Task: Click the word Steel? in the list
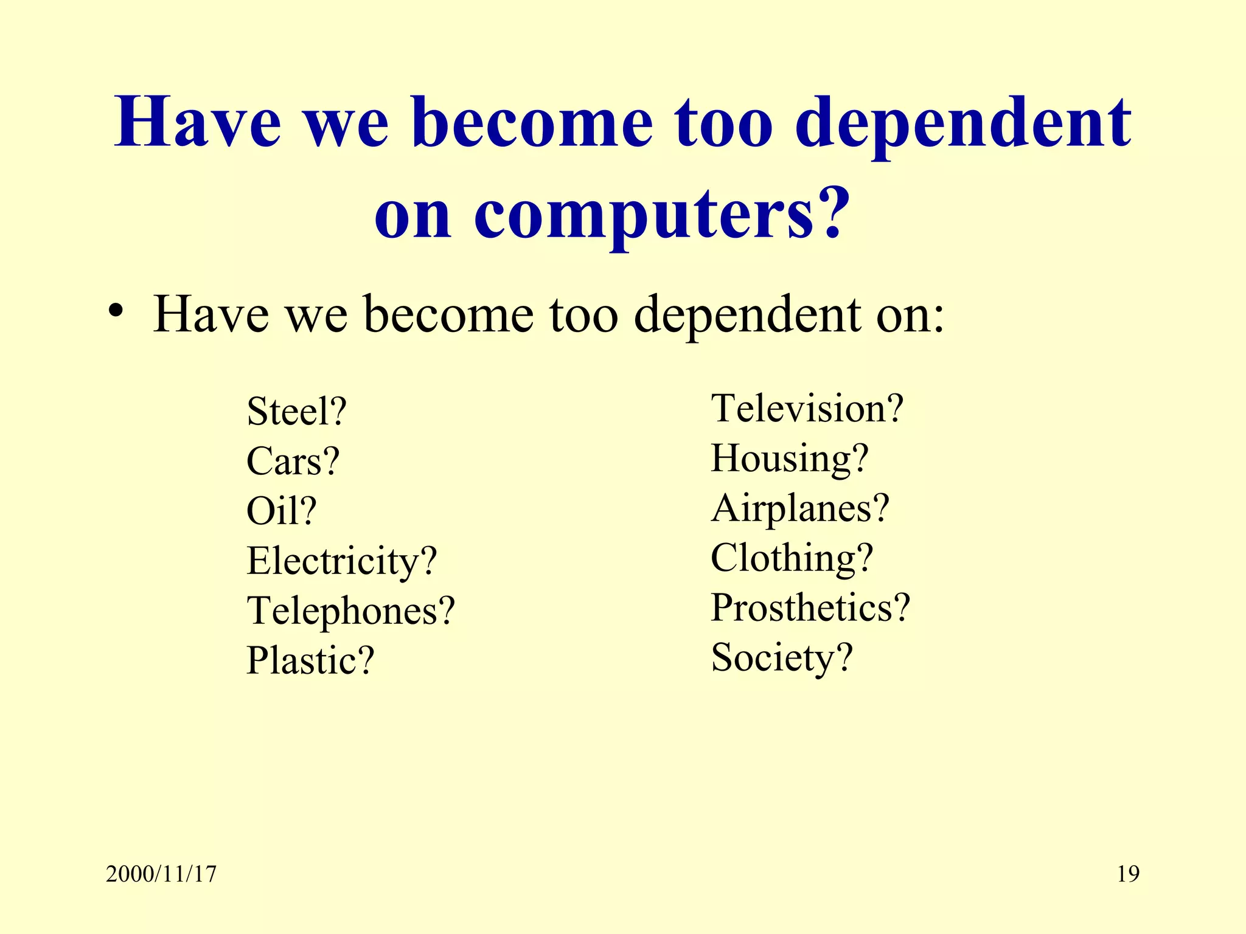point(296,412)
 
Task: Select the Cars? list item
point(293,462)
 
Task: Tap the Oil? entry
point(281,511)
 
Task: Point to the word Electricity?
point(341,561)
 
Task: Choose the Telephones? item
point(350,611)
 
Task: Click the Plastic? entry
point(310,661)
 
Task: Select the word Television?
point(807,409)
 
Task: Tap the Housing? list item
point(790,458)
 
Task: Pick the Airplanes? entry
point(800,508)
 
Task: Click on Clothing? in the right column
point(792,558)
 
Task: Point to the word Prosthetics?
point(810,608)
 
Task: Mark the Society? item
point(782,658)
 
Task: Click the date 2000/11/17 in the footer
point(161,874)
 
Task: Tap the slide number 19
point(1128,874)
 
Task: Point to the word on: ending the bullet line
point(911,315)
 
